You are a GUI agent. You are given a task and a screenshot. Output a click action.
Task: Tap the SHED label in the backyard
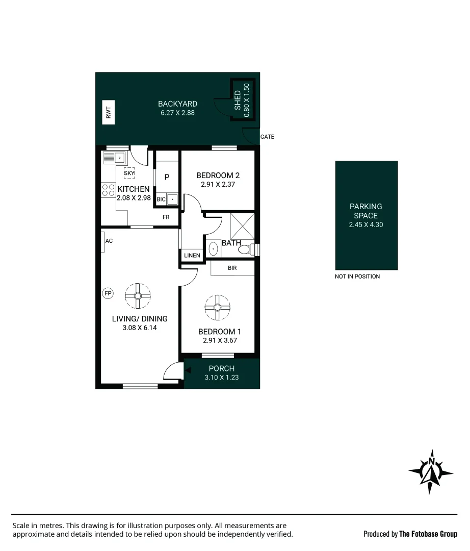tap(238, 101)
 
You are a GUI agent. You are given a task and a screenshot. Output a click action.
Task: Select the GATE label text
tap(267, 137)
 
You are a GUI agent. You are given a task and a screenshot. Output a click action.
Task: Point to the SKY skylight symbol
tap(129, 173)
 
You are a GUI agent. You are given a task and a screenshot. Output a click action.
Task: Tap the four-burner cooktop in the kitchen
tap(108, 190)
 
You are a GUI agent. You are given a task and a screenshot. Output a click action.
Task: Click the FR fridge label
tap(166, 217)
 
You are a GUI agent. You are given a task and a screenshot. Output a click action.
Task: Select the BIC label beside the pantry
tap(161, 199)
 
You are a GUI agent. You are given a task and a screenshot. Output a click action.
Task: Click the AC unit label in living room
tap(109, 241)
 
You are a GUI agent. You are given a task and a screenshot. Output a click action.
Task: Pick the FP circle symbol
tap(108, 293)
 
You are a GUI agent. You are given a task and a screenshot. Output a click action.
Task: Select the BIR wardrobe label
tap(232, 268)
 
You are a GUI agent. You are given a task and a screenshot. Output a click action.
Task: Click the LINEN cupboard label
tap(192, 255)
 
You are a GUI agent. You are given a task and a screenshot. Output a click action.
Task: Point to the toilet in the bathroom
tap(246, 249)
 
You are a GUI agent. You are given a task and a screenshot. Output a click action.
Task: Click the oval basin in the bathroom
tap(214, 249)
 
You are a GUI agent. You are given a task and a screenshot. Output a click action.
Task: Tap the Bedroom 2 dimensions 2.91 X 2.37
tap(218, 185)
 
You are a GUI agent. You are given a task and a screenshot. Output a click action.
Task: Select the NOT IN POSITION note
tap(357, 277)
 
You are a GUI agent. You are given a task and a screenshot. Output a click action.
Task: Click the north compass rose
tap(431, 472)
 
